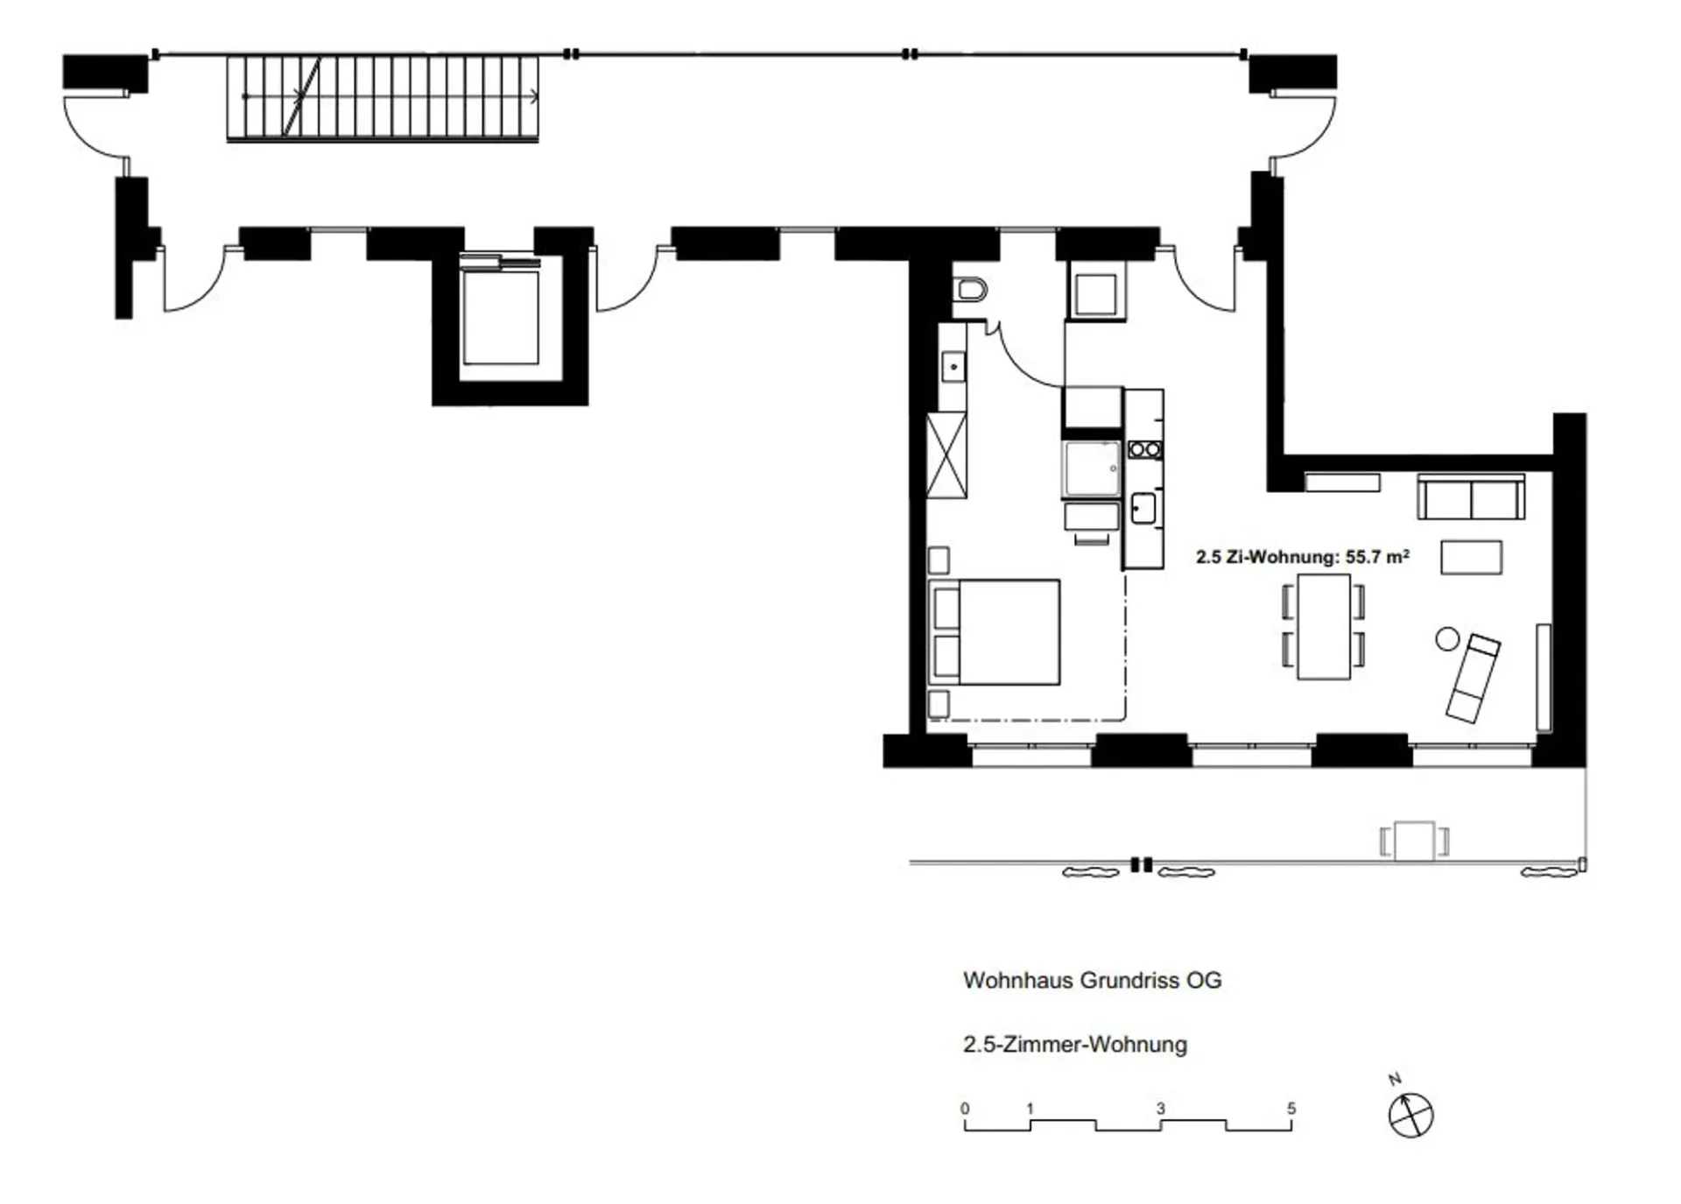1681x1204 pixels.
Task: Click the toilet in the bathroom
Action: point(970,289)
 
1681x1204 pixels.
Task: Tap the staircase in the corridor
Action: point(383,97)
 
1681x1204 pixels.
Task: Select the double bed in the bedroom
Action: point(995,631)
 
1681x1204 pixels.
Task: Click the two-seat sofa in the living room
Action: point(1471,497)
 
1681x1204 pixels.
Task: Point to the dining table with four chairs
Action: point(1324,626)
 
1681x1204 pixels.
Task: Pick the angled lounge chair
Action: point(1473,678)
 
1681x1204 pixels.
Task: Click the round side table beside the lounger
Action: point(1447,639)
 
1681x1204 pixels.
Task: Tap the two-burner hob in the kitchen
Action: point(1145,450)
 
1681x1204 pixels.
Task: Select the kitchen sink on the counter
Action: point(1143,508)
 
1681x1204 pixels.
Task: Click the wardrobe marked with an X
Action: point(946,455)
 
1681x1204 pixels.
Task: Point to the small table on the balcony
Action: point(1414,841)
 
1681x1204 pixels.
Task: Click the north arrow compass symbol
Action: point(1410,1115)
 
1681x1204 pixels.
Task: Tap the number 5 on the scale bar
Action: point(1291,1109)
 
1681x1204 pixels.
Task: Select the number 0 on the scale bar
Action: point(965,1109)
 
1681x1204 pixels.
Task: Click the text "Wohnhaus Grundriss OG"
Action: point(1092,981)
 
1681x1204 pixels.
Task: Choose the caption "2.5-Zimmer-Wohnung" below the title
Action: point(1075,1045)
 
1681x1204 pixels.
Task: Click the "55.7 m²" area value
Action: point(1377,556)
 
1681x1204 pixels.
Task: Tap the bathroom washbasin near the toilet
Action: point(953,367)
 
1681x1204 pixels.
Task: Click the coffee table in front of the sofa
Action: point(1471,558)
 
